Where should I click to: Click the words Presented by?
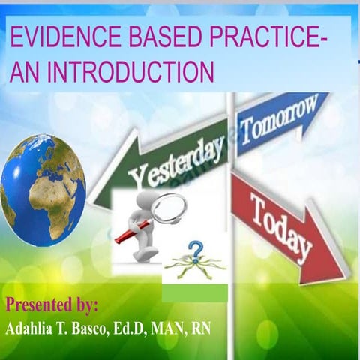coord(52,305)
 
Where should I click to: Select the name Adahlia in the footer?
coord(35,330)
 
